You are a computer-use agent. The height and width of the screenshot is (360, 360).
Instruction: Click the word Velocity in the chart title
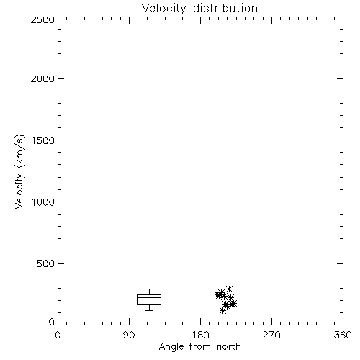tap(163, 9)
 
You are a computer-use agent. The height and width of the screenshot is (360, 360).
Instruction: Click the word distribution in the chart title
tap(225, 8)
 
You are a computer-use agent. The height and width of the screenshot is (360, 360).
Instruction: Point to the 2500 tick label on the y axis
tap(42, 19)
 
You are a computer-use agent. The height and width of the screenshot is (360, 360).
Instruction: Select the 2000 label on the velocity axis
tap(42, 78)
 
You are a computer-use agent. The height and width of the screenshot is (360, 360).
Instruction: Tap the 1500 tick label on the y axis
tap(43, 140)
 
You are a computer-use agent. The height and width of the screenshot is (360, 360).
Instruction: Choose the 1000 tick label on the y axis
tap(43, 202)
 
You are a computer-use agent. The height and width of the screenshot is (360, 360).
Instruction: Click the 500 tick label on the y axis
tap(46, 264)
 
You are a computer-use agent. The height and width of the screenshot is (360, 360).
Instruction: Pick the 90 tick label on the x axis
tap(129, 335)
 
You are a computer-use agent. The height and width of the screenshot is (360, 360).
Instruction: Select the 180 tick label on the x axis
tap(200, 335)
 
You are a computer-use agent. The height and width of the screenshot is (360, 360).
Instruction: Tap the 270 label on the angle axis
tap(271, 335)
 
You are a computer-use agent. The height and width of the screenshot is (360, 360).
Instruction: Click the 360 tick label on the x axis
tap(343, 335)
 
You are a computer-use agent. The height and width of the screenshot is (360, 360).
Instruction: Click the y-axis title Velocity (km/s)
tap(19, 171)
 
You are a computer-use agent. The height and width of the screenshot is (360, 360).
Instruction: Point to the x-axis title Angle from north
tap(200, 347)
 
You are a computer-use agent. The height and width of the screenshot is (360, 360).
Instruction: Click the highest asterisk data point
tap(229, 289)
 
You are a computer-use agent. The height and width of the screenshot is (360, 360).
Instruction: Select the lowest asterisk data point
tap(222, 311)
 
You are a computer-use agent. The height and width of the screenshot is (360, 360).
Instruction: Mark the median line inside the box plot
tap(149, 297)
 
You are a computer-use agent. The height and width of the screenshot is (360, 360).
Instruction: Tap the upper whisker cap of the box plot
tap(149, 289)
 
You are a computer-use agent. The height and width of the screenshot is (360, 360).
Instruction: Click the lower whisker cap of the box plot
tap(149, 310)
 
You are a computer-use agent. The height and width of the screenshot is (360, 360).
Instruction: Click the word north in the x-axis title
tap(229, 346)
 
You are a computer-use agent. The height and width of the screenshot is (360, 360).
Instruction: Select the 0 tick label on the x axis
tap(58, 335)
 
